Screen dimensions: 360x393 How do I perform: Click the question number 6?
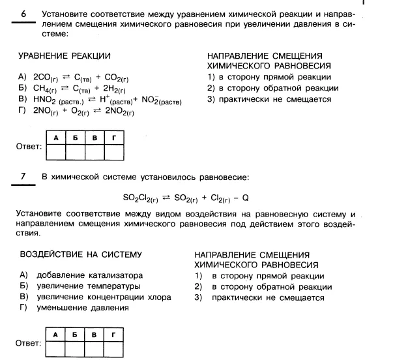[23, 13]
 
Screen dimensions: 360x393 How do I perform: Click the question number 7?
[23, 176]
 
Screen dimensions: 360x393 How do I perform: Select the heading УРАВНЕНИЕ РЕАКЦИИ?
[64, 57]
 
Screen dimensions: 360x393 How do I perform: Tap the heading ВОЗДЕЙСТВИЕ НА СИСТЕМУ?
[81, 254]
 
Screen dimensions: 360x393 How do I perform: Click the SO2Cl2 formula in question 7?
[139, 198]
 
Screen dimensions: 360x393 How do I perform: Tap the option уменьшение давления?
[82, 307]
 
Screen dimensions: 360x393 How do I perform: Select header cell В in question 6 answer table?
[95, 138]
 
